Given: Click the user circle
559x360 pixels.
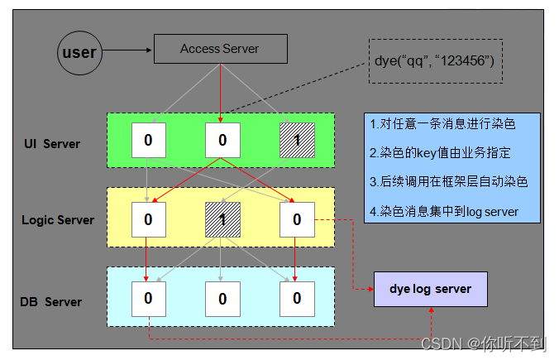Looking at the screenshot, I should point(79,53).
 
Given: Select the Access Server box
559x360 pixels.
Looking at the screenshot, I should point(220,49).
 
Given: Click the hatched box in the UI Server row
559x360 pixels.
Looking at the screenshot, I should point(297,140).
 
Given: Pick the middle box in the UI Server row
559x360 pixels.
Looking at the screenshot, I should point(222,140).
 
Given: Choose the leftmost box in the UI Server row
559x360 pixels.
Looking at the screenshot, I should point(148,140).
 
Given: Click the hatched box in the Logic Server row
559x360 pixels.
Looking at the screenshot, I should point(222,219).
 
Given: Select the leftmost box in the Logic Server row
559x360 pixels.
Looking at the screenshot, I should point(148,219).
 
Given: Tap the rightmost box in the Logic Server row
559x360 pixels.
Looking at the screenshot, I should point(297,219).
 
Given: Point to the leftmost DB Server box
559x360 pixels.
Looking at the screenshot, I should point(148,299).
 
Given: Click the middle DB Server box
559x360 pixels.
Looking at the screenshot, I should point(222,299).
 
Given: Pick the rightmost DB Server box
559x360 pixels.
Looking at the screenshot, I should point(297,299).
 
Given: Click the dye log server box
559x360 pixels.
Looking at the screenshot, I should point(430,290).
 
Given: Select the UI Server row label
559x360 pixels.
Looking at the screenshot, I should point(51,144).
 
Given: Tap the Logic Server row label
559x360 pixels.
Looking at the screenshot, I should point(58,220).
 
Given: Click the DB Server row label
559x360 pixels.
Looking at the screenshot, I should point(51,301).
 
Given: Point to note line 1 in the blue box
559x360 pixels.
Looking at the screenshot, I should point(443,124).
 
